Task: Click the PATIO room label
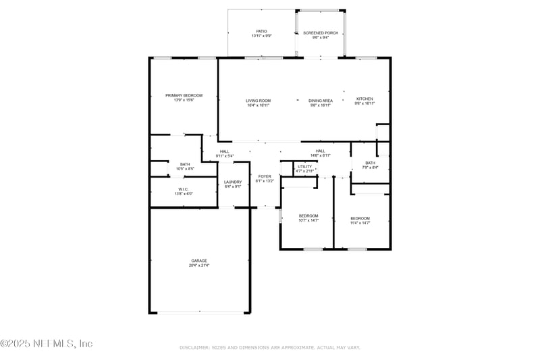261,31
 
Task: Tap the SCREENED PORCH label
321,32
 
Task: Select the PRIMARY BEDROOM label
184,95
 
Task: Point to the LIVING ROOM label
258,101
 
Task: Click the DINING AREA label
321,101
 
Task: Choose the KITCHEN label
364,99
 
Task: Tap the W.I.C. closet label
184,189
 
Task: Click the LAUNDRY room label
233,182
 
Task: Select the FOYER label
265,176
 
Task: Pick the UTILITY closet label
304,166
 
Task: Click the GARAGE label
198,261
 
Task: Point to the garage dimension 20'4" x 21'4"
198,265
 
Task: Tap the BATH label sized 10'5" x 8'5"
184,164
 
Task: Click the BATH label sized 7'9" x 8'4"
370,163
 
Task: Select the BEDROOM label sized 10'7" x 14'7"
308,215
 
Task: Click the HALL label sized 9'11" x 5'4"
224,151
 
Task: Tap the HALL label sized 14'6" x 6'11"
320,151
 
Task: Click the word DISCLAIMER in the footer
195,347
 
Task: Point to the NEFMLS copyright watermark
46,344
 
